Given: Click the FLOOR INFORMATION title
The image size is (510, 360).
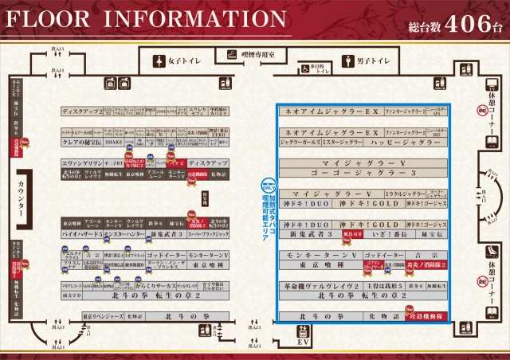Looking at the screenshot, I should [143, 19].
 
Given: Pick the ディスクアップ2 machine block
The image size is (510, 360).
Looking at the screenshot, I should [82, 112].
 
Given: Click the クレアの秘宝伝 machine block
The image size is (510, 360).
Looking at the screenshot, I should [81, 142].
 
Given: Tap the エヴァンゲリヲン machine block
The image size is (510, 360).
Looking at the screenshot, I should [82, 162].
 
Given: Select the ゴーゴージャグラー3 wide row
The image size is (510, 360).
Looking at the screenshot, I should [362, 172].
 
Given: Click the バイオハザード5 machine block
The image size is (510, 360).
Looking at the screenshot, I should [80, 236].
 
